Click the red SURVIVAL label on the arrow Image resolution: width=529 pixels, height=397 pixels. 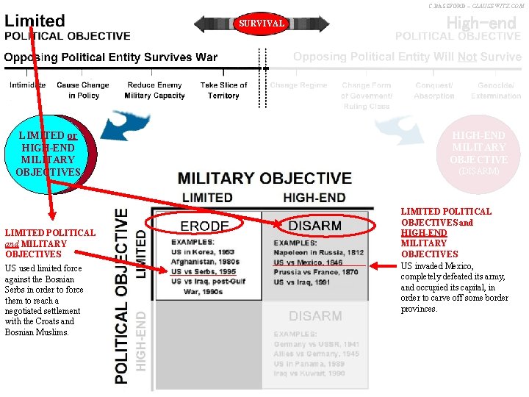pos(262,24)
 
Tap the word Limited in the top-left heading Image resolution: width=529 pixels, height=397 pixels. pos(35,21)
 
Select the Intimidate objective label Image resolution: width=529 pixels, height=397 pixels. pos(27,85)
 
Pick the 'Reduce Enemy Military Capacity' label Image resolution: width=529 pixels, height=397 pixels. pos(154,90)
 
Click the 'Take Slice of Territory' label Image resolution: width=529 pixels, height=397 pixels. pos(223,90)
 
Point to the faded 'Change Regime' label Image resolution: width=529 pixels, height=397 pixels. pos(298,85)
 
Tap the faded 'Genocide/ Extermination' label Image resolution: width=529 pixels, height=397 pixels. pos(496,90)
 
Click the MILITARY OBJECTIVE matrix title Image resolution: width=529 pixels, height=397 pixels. pos(264,178)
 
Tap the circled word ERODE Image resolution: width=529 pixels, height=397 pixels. pos(205,226)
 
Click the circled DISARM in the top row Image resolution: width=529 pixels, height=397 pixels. pos(315,226)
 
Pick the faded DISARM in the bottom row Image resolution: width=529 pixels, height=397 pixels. pos(315,316)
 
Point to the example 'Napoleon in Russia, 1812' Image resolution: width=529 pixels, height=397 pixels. pos(319,252)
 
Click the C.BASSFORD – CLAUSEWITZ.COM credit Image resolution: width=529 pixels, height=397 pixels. pos(476,5)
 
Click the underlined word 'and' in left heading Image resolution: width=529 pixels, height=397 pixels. pos(12,243)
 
